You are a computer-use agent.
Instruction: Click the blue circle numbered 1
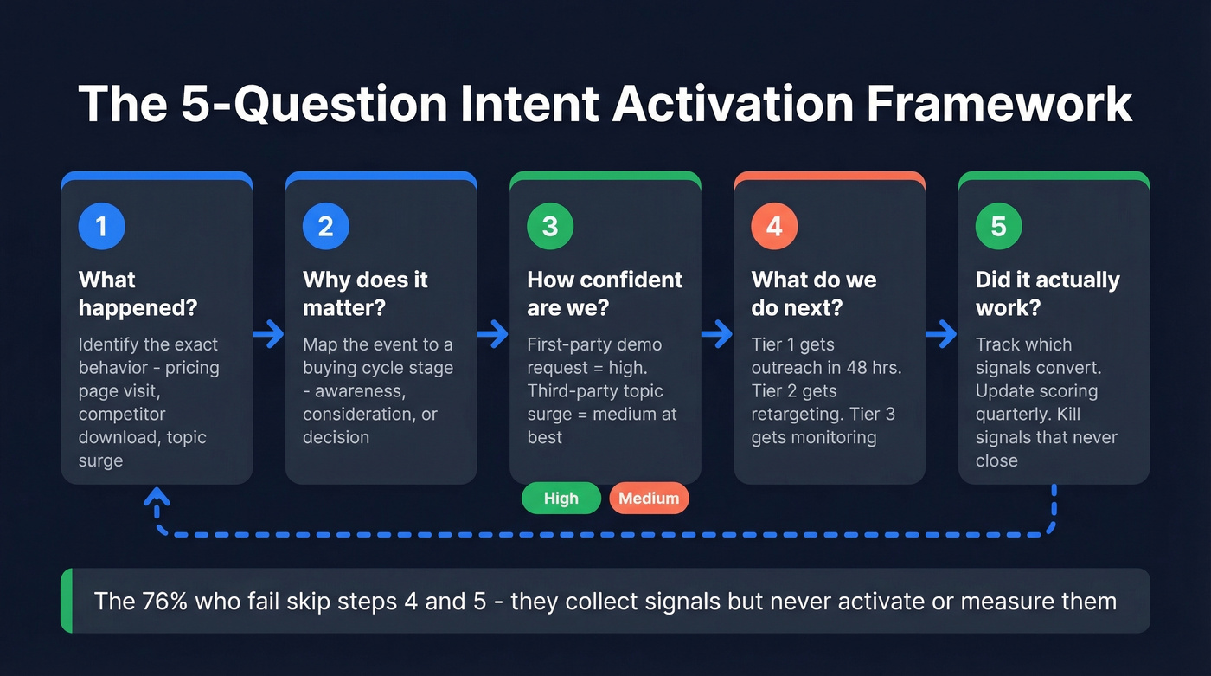(101, 227)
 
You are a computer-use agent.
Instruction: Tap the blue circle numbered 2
(325, 227)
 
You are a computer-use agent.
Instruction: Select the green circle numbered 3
(550, 227)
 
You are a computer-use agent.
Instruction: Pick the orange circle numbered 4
(774, 227)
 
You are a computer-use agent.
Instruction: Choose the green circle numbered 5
(998, 227)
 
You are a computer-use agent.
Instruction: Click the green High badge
(561, 499)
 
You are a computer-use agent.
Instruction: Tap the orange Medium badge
(649, 499)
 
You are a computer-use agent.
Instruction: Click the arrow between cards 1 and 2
(269, 334)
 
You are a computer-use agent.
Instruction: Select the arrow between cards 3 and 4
(717, 334)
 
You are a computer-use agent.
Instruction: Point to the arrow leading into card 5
(941, 334)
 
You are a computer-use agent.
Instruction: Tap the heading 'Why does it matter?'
(365, 293)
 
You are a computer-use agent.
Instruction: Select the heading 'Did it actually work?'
(1047, 293)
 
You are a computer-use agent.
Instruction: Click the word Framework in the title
(1000, 104)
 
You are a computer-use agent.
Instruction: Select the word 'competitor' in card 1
(122, 414)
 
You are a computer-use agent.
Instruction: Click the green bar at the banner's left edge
(66, 601)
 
